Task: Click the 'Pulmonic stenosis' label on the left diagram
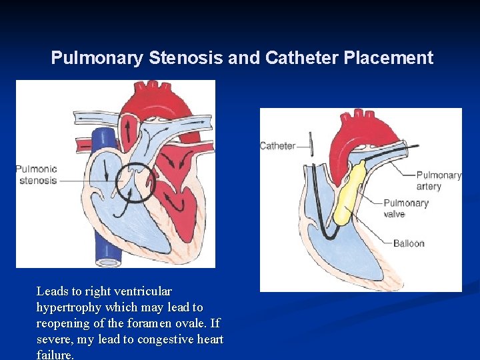pos(37,175)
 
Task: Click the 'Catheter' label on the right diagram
pos(277,145)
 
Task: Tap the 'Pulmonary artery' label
pos(439,181)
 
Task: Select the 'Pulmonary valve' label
pos(405,208)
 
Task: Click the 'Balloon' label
pos(409,243)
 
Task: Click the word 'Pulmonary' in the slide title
pos(97,58)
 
